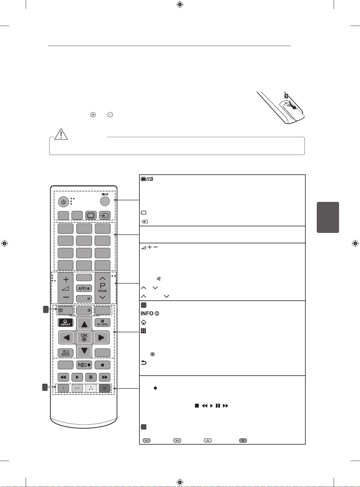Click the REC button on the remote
(x=84, y=365)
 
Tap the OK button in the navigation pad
(x=84, y=337)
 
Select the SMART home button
(x=65, y=323)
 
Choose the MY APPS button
(x=102, y=323)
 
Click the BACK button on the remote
(x=65, y=353)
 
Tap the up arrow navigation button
(x=84, y=324)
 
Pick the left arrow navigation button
(x=67, y=338)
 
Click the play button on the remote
(x=77, y=377)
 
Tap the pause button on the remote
(x=91, y=377)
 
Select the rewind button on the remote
(x=63, y=377)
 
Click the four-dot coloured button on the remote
(x=104, y=388)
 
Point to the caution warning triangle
(x=61, y=134)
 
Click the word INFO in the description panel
(x=147, y=314)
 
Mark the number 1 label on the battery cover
(x=286, y=96)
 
